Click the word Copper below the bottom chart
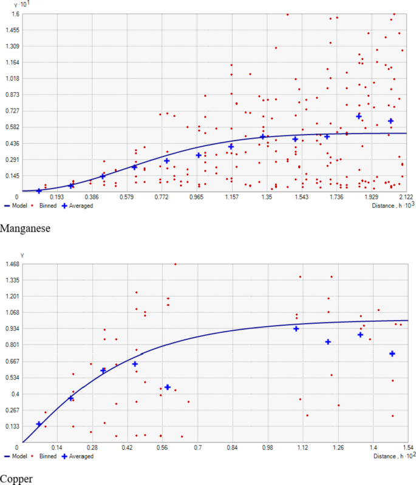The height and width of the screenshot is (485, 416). click(x=16, y=479)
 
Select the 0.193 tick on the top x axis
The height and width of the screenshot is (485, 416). click(x=57, y=198)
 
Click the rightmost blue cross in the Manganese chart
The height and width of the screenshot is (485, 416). click(x=390, y=121)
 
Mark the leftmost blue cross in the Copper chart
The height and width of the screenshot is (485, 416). click(x=39, y=424)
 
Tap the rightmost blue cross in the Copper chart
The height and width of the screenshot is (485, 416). click(x=392, y=353)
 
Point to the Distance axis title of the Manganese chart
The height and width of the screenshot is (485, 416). click(x=387, y=206)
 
